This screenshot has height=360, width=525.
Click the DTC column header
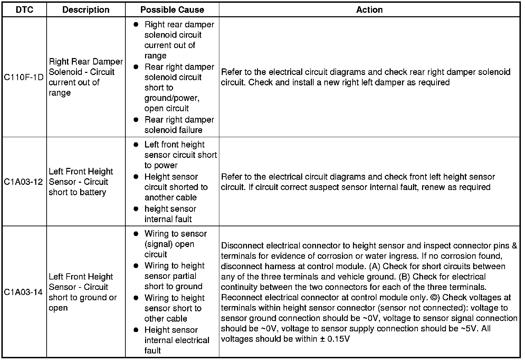25,10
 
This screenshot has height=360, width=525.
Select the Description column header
86,10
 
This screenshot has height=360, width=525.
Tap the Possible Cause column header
172,10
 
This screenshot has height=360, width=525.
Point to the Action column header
369,10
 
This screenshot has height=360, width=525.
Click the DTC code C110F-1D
24,77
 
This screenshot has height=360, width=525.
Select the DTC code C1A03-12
24,182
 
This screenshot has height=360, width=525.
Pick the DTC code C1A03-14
24,292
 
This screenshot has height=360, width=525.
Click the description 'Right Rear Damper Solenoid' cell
86,77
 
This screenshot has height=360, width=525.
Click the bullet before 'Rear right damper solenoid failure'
136,120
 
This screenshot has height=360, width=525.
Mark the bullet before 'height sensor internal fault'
136,209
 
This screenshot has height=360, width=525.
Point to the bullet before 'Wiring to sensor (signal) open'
136,234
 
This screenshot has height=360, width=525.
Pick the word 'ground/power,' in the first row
172,98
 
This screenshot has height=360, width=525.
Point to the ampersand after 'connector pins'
514,246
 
